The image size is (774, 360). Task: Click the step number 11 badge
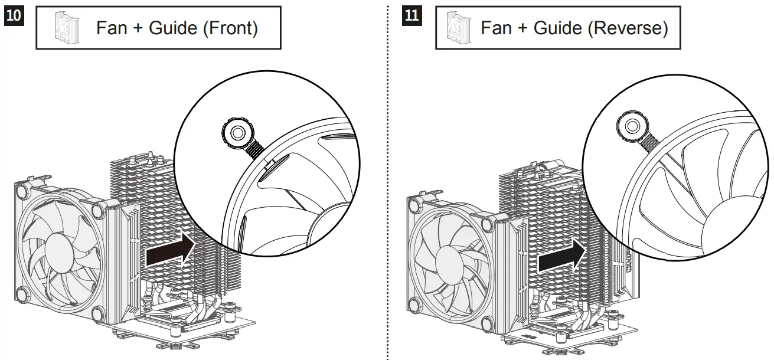(x=412, y=15)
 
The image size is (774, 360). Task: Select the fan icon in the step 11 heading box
(x=459, y=27)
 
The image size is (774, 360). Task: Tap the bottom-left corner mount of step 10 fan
(x=22, y=293)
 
